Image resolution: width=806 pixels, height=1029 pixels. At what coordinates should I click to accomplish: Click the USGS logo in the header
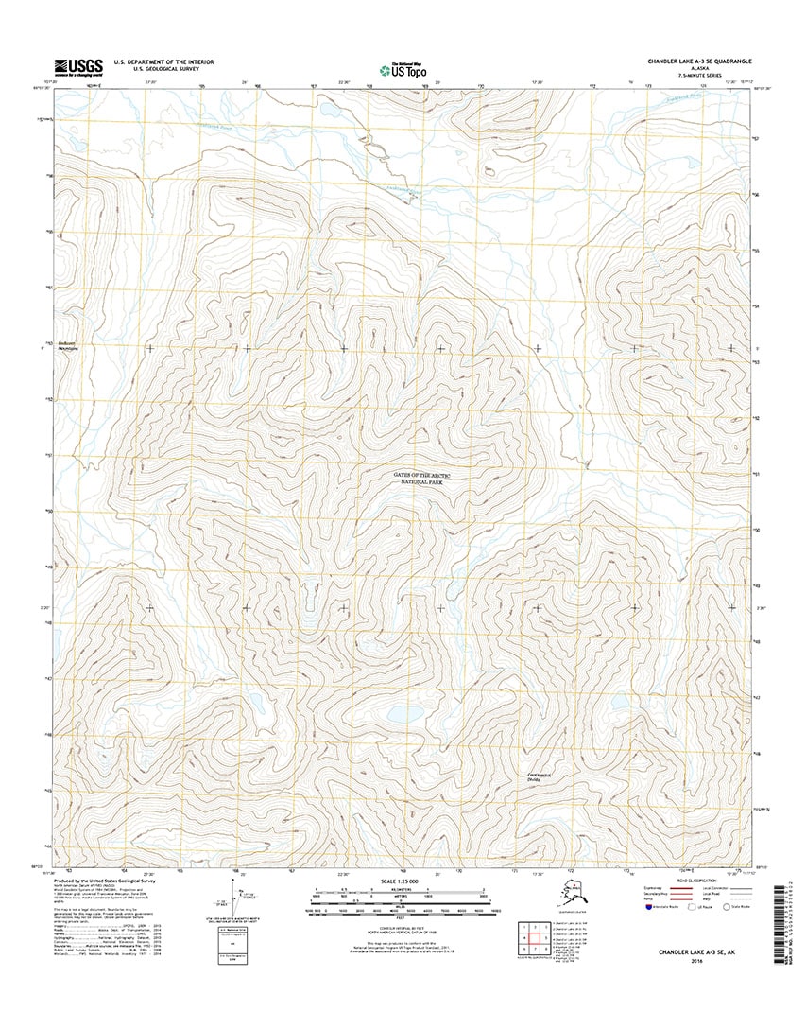pos(77,66)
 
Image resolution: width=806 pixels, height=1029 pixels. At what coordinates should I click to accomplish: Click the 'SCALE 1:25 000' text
pos(403,881)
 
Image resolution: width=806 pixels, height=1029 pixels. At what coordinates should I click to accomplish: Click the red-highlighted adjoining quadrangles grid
pos(534,938)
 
